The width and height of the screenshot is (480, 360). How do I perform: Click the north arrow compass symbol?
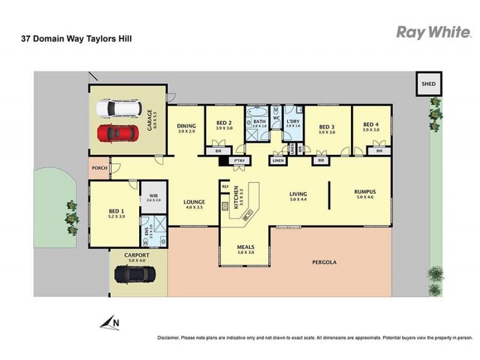[x=110, y=323]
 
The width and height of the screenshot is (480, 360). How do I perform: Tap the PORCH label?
[x=99, y=168]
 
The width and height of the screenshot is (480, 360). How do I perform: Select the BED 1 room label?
[x=116, y=211]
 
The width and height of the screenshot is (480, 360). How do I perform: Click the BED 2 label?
[x=224, y=123]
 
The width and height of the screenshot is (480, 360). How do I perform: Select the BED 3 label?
[x=326, y=127]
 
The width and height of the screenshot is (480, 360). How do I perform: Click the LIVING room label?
[x=298, y=194]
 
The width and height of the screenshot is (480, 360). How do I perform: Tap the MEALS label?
[x=245, y=247]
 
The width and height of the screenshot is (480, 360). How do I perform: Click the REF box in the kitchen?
[x=226, y=187]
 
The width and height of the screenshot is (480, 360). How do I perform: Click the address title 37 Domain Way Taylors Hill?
[x=76, y=39]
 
